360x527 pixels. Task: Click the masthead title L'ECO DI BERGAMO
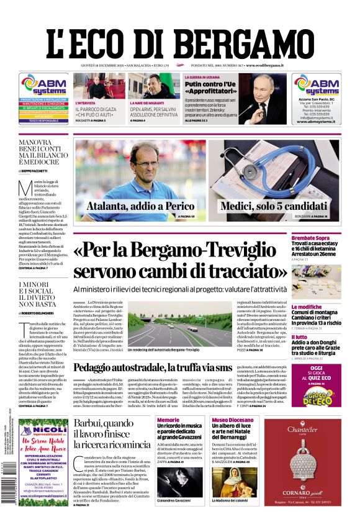pos(180,43)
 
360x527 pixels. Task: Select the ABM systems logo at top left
pos(43,85)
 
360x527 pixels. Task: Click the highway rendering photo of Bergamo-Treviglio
pos(179,327)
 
